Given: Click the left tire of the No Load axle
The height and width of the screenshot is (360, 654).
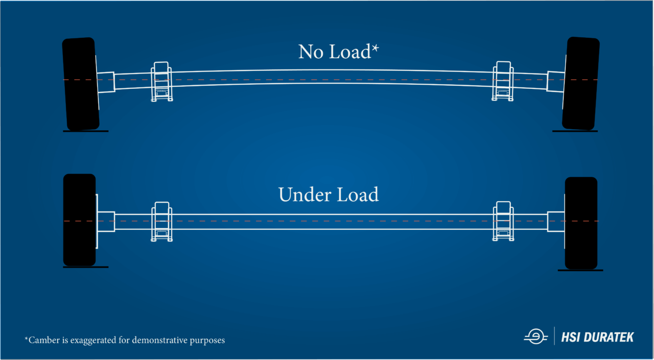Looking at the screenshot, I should (80, 83).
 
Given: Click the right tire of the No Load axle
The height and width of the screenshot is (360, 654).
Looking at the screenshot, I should (581, 83).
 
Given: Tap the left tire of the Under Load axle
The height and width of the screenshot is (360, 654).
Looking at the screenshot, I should (79, 220).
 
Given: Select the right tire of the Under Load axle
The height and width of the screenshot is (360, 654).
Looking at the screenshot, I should (581, 223).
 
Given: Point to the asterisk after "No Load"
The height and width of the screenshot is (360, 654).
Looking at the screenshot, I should (376, 49).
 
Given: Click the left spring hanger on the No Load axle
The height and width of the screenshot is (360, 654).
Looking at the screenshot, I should (161, 82).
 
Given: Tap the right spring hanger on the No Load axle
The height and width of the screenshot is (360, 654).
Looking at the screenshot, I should (502, 81).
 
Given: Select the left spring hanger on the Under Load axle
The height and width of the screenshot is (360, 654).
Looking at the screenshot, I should (161, 222).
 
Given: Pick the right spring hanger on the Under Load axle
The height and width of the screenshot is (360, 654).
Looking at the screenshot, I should (503, 222).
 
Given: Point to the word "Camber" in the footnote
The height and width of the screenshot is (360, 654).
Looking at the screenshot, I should (44, 340).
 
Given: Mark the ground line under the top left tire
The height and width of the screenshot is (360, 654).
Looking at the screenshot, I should (85, 131).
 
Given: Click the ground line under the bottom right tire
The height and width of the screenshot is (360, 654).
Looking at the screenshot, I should (580, 270).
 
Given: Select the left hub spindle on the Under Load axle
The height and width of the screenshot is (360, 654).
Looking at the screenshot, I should (106, 221).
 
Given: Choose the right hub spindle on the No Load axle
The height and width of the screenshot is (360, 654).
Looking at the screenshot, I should (555, 81).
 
